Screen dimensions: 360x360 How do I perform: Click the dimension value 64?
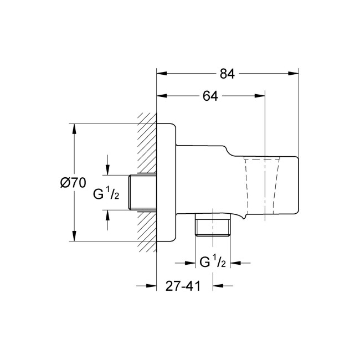(x=209, y=96)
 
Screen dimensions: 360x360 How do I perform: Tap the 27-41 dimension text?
(x=182, y=286)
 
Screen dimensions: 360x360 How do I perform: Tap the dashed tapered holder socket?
(x=260, y=186)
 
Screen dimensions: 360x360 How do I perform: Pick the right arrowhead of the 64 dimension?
(x=262, y=96)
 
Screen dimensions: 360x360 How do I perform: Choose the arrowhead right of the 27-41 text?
(x=218, y=286)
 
